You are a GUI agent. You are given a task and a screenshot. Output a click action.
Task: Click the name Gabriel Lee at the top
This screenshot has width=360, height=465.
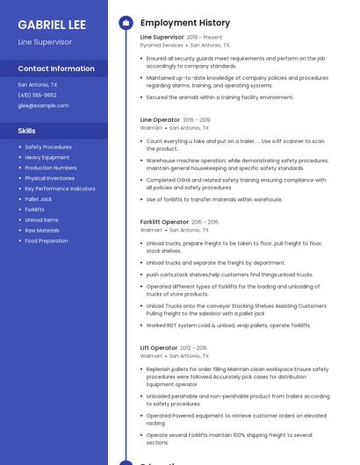(52, 24)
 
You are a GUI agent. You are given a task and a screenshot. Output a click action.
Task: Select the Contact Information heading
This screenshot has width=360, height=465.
(56, 68)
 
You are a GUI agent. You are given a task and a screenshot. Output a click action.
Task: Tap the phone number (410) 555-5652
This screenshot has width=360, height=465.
(37, 95)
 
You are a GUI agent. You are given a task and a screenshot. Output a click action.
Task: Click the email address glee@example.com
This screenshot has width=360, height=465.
(43, 105)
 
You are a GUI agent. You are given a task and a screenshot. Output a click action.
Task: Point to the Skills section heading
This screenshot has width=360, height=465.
(26, 131)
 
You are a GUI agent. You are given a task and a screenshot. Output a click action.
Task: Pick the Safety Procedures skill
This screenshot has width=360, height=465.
(48, 147)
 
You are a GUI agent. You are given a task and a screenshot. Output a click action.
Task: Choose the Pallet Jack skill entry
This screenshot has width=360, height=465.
(39, 199)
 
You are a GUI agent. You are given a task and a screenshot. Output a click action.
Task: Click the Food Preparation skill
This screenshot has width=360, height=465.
(46, 240)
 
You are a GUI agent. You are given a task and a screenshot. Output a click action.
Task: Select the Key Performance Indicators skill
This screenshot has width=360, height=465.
(60, 189)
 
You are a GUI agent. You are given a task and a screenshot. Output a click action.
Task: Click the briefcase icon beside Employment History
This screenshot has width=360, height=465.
(126, 22)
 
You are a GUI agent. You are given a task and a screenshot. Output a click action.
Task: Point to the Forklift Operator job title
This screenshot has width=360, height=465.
(164, 222)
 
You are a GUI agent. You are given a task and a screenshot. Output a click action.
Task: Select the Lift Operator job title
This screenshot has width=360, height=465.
(159, 348)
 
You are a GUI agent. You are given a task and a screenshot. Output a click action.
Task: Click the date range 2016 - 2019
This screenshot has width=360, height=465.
(197, 120)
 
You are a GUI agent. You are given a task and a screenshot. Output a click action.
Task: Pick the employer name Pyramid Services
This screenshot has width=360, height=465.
(162, 45)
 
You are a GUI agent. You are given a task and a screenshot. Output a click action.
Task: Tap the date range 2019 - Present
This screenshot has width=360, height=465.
(205, 38)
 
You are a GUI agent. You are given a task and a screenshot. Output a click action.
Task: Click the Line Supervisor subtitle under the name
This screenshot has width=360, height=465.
(45, 41)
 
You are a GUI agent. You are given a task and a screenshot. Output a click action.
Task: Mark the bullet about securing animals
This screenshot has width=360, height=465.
(220, 97)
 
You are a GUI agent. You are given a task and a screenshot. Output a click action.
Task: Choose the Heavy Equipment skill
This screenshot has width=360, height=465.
(47, 157)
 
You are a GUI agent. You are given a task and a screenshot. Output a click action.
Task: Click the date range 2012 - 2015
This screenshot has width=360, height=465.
(194, 348)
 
